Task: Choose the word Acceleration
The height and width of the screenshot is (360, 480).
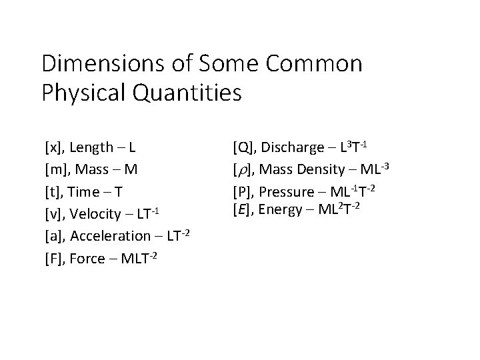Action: click(111, 236)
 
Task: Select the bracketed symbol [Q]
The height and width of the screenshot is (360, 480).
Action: click(242, 146)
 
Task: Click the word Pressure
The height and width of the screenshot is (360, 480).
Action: click(289, 192)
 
